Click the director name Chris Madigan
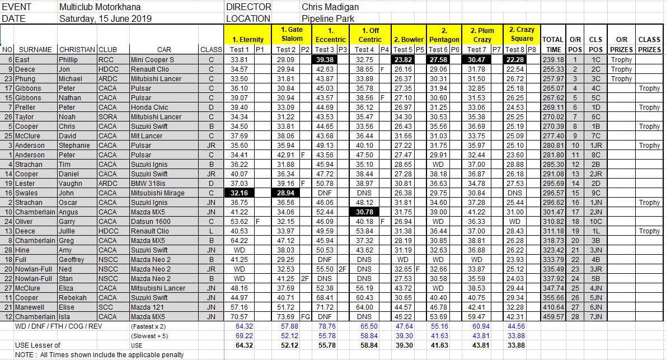pyautogui.click(x=330, y=7)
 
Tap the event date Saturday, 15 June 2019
pyautogui.click(x=105, y=18)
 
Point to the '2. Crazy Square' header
pyautogui.click(x=522, y=34)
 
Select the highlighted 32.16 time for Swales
pyautogui.click(x=239, y=193)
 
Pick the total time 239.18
pyautogui.click(x=552, y=59)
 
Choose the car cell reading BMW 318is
pyautogui.click(x=149, y=183)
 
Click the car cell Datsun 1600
pyautogui.click(x=152, y=221)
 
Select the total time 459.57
pyautogui.click(x=552, y=316)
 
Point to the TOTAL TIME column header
pyautogui.click(x=552, y=44)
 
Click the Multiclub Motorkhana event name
pyautogui.click(x=100, y=7)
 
